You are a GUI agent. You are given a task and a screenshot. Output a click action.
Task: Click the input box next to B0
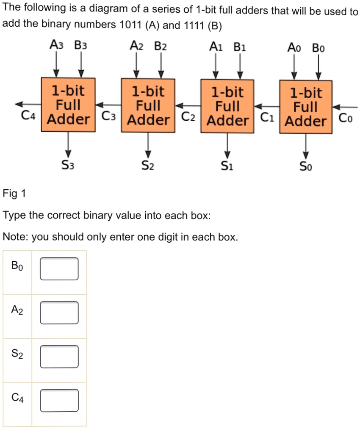pyautogui.click(x=59, y=268)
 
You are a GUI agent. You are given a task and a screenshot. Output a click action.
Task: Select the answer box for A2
pyautogui.click(x=59, y=313)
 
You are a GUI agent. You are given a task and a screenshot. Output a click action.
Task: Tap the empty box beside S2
pyautogui.click(x=59, y=357)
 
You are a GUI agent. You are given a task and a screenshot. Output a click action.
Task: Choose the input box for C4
pyautogui.click(x=59, y=401)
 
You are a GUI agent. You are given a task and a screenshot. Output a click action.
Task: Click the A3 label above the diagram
pyautogui.click(x=56, y=44)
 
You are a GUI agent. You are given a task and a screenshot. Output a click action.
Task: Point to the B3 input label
pyautogui.click(x=81, y=45)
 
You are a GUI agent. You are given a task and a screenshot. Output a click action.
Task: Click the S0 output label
pyautogui.click(x=306, y=166)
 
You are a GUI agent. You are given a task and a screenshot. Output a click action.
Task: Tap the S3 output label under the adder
pyautogui.click(x=68, y=165)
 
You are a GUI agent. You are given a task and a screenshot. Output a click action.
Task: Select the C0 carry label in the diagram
pyautogui.click(x=346, y=118)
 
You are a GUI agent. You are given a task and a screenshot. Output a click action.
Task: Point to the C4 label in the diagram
pyautogui.click(x=28, y=116)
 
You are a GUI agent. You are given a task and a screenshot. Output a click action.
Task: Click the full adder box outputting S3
pyautogui.click(x=68, y=105)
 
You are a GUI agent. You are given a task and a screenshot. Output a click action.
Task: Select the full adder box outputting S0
pyautogui.click(x=306, y=107)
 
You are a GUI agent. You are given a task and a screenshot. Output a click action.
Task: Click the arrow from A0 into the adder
pyautogui.click(x=294, y=67)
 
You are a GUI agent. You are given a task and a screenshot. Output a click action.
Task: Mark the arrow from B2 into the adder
pyautogui.click(x=161, y=65)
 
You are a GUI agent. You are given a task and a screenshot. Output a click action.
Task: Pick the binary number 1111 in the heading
pyautogui.click(x=194, y=25)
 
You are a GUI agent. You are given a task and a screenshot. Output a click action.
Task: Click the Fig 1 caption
pyautogui.click(x=14, y=194)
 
